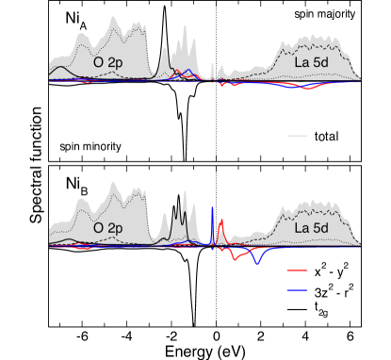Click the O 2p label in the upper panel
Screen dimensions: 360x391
(108, 62)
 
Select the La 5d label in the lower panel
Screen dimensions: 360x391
(311, 229)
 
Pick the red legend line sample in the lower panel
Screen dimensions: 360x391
(297, 270)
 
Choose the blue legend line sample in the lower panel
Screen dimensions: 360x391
(297, 290)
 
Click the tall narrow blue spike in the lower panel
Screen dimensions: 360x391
(213, 212)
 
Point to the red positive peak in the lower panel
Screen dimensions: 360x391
(221, 222)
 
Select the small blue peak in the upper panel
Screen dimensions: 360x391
(189, 71)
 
